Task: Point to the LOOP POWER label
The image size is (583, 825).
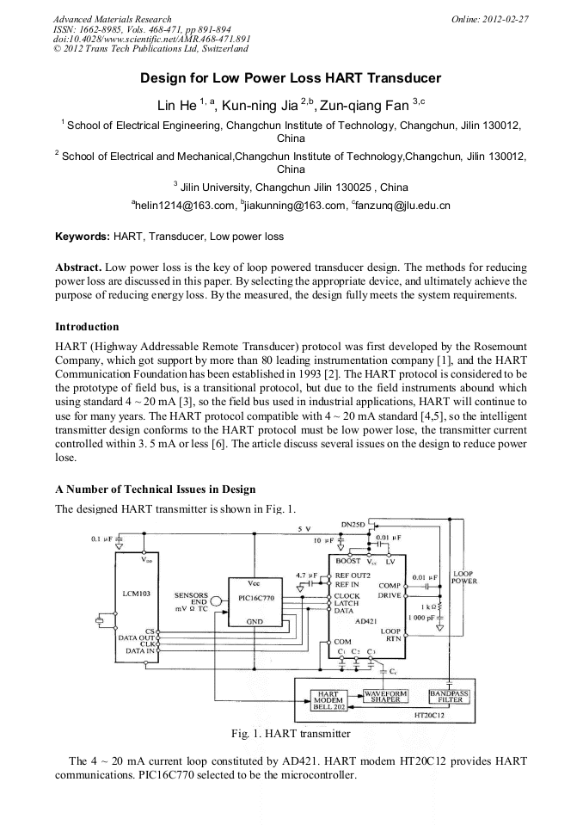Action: coord(464,577)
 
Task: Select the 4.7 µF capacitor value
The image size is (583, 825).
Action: coord(306,574)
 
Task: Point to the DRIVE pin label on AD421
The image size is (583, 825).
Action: coord(389,594)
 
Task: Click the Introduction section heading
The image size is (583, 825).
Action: coord(87,327)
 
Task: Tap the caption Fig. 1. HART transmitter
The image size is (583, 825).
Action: coord(291,734)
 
